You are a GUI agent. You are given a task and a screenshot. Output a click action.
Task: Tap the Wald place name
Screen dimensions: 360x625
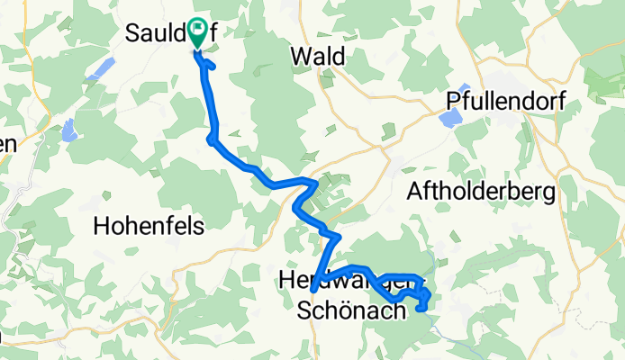click(x=317, y=56)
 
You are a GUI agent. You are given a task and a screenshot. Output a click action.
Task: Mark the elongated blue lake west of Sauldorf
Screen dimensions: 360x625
click(x=104, y=68)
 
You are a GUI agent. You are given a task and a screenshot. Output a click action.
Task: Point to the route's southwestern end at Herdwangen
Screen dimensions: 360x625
click(x=312, y=292)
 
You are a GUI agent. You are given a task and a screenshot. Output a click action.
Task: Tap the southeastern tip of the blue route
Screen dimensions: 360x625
click(x=421, y=309)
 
